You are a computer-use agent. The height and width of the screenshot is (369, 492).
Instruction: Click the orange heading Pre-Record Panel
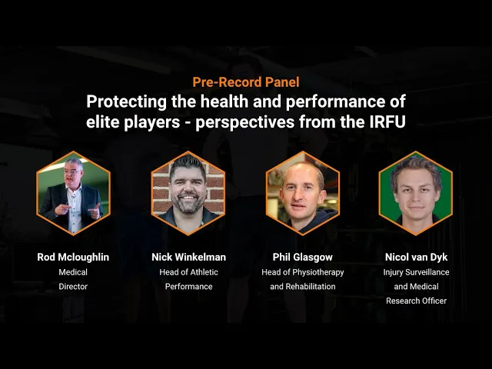click(246, 82)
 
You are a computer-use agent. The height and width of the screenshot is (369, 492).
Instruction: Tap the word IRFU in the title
click(387, 121)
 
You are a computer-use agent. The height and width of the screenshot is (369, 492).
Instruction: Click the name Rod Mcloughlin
click(73, 258)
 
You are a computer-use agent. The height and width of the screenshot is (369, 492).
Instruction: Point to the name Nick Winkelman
click(188, 258)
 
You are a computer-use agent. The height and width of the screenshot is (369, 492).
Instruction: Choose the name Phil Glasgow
click(302, 258)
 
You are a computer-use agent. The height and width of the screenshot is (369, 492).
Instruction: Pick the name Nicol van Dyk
click(416, 258)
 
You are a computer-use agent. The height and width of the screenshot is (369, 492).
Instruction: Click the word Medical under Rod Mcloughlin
click(73, 272)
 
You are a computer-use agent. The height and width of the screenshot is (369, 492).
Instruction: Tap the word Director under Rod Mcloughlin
click(73, 287)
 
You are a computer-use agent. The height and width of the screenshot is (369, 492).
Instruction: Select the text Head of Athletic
click(188, 272)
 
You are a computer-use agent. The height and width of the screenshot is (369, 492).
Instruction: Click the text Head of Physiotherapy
click(302, 272)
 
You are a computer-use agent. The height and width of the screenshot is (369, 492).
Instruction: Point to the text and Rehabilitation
click(302, 287)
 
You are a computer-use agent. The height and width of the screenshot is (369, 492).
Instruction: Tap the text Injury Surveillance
click(416, 272)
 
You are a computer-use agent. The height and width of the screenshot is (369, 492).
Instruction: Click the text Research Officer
click(416, 301)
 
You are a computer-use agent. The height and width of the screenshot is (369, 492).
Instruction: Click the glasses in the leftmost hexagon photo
click(72, 172)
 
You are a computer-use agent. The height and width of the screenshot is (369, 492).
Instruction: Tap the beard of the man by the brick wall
click(188, 205)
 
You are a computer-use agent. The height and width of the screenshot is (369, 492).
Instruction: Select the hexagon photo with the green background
click(415, 193)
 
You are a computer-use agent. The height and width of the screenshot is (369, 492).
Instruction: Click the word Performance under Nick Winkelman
click(188, 287)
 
